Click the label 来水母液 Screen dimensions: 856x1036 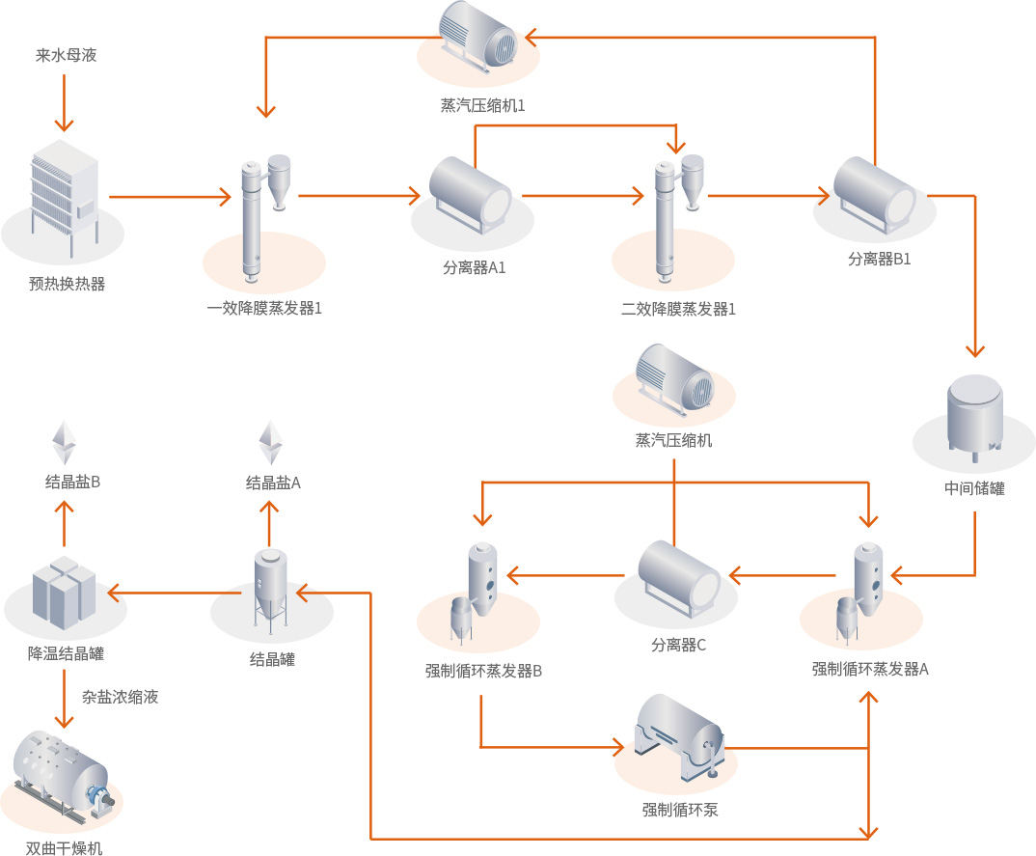pos(67,56)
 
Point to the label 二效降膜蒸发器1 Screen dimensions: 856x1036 pos(678,310)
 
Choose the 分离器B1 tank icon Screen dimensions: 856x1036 pos(874,194)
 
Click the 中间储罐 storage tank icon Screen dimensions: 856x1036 pos(974,416)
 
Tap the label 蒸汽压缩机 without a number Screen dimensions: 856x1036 pos(673,441)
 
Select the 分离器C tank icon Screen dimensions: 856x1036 pos(679,576)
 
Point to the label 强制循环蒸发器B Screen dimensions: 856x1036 pos(483,671)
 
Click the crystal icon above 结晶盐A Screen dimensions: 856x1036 pos(271,442)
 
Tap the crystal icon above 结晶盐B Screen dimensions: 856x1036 pos(64,442)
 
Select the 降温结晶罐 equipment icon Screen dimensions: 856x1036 pos(64,588)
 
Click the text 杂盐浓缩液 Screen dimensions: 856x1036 pos(120,697)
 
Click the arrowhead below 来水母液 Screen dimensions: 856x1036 pos(65,124)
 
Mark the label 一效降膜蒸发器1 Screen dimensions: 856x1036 pos(264,310)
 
